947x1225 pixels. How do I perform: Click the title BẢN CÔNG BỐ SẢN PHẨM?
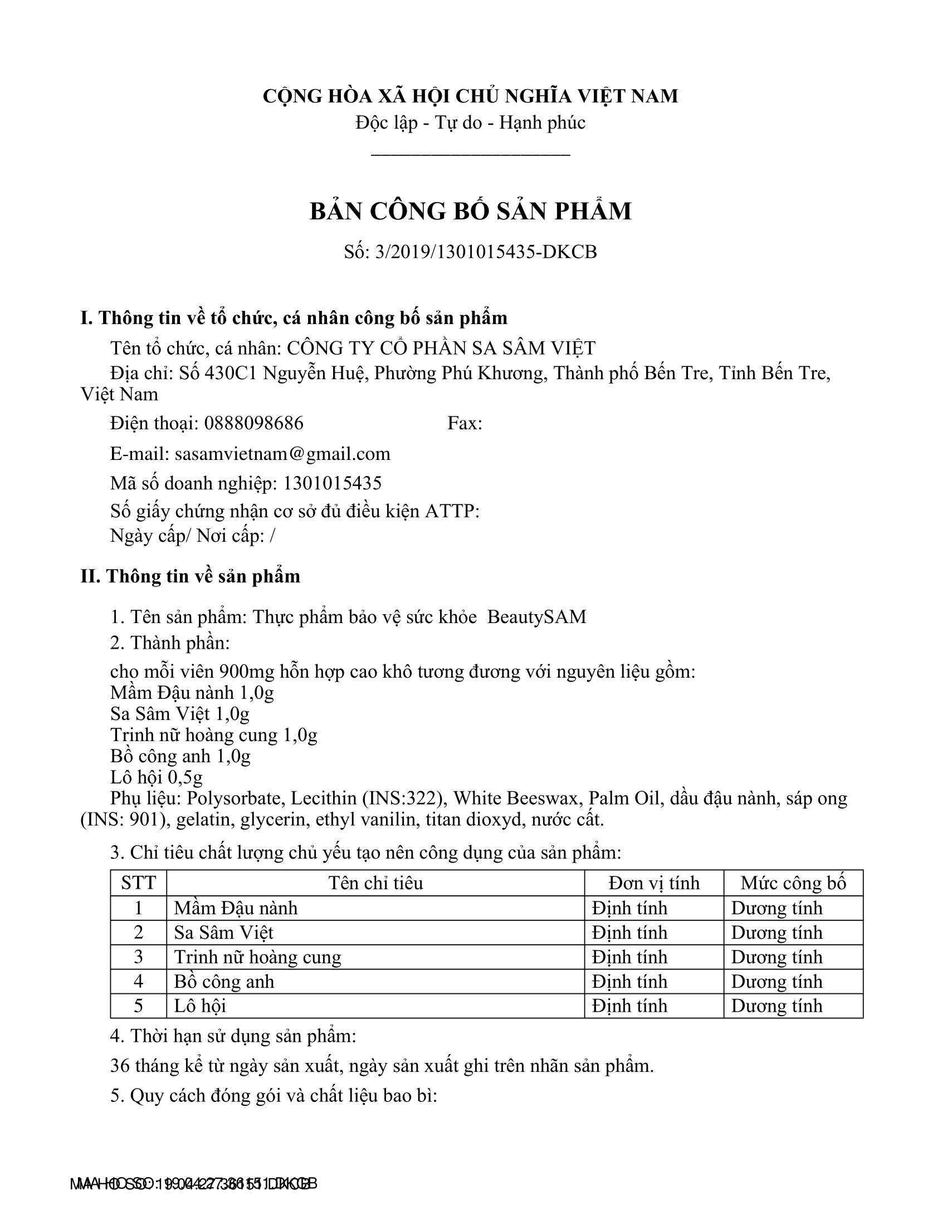coord(471,212)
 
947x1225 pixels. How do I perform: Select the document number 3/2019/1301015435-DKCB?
coord(486,252)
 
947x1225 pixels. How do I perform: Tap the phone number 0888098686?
coord(253,423)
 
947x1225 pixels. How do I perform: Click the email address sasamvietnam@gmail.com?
coord(282,453)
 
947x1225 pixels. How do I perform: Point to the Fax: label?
coord(465,423)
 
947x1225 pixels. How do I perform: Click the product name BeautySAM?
coord(536,617)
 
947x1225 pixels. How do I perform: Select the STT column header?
coord(138,884)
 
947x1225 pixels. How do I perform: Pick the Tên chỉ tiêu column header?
coord(375,884)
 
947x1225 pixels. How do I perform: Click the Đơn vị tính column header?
coord(653,884)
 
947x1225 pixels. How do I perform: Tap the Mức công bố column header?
coord(793,884)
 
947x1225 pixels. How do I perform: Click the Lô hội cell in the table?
coord(201,1006)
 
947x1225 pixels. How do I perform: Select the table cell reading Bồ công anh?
coord(224,982)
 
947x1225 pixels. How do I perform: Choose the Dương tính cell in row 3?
coord(777,957)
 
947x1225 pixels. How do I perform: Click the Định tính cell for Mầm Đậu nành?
coord(629,908)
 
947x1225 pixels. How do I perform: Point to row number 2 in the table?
coord(138,933)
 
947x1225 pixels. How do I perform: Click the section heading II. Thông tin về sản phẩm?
coord(190,576)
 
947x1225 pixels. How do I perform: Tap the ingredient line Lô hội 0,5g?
coord(157,777)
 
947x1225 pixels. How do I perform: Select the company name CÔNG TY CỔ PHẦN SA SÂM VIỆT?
coord(441,349)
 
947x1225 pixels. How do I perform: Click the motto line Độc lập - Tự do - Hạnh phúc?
coord(470,122)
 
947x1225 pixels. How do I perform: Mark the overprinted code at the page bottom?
coord(193,1184)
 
